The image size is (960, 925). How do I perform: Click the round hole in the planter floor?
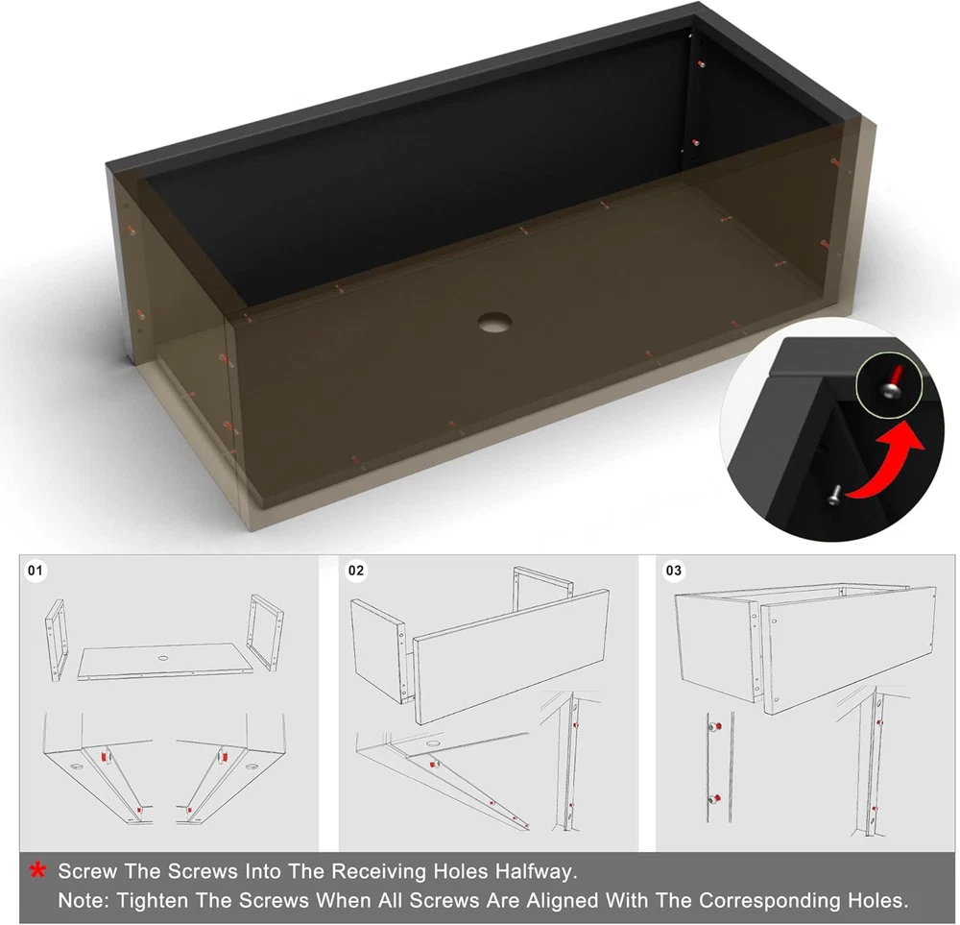click(494, 322)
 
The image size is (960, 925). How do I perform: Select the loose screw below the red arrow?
click(834, 495)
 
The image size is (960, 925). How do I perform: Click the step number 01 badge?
click(36, 571)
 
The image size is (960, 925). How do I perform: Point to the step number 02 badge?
click(356, 571)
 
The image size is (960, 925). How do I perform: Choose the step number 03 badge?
click(674, 571)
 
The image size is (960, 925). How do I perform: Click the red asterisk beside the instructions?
click(38, 870)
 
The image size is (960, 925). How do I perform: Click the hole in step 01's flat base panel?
click(163, 658)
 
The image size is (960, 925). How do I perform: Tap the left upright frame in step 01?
click(56, 640)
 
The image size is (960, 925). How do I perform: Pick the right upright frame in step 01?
click(265, 632)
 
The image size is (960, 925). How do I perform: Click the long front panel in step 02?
click(512, 657)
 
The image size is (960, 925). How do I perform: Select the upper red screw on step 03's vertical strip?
click(714, 727)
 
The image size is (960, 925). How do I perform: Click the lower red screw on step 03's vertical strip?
click(714, 799)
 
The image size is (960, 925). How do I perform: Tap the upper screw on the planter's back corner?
click(702, 63)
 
